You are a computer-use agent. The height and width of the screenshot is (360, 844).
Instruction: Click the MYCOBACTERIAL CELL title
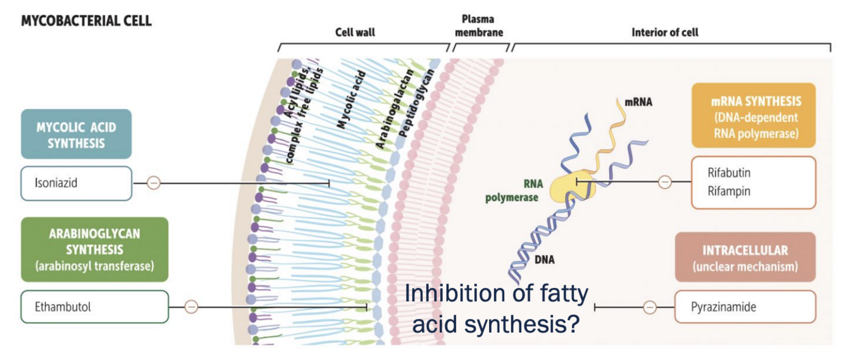pyautogui.click(x=87, y=21)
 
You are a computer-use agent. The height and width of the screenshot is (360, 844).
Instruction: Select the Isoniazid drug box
pyautogui.click(x=76, y=183)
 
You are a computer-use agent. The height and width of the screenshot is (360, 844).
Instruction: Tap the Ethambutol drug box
pyautogui.click(x=94, y=307)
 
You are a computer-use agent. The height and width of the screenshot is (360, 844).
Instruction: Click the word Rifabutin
pyautogui.click(x=729, y=172)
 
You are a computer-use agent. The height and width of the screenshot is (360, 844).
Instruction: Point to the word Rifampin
pyautogui.click(x=729, y=191)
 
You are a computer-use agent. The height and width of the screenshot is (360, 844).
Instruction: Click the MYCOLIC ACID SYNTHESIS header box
pyautogui.click(x=76, y=133)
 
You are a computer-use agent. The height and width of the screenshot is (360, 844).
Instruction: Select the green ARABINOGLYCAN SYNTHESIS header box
pyautogui.click(x=94, y=249)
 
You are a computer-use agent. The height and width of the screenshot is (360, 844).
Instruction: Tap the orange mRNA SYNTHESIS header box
pyautogui.click(x=754, y=116)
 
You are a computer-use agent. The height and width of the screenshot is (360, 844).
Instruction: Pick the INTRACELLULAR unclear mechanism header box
pyautogui.click(x=745, y=256)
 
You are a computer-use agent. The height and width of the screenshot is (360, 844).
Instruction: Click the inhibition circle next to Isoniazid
pyautogui.click(x=154, y=183)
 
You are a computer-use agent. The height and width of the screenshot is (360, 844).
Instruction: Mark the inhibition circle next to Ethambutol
pyautogui.click(x=190, y=307)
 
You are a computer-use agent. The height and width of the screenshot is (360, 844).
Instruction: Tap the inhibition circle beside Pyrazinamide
pyautogui.click(x=650, y=307)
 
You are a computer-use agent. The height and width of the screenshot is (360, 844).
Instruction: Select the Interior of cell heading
pyautogui.click(x=665, y=32)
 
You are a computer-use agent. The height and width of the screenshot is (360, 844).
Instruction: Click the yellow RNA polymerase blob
pyautogui.click(x=570, y=189)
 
